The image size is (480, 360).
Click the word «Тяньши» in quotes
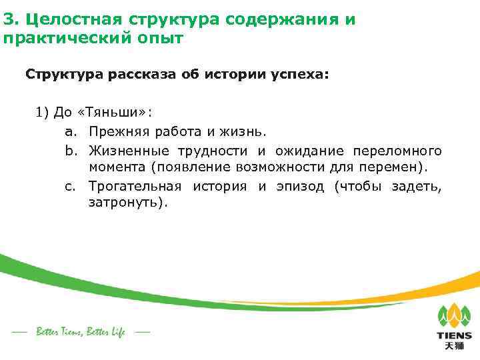click(x=113, y=112)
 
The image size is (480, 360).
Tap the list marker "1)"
click(x=43, y=112)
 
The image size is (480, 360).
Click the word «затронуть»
click(x=125, y=203)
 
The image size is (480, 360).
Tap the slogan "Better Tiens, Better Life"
click(x=80, y=331)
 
